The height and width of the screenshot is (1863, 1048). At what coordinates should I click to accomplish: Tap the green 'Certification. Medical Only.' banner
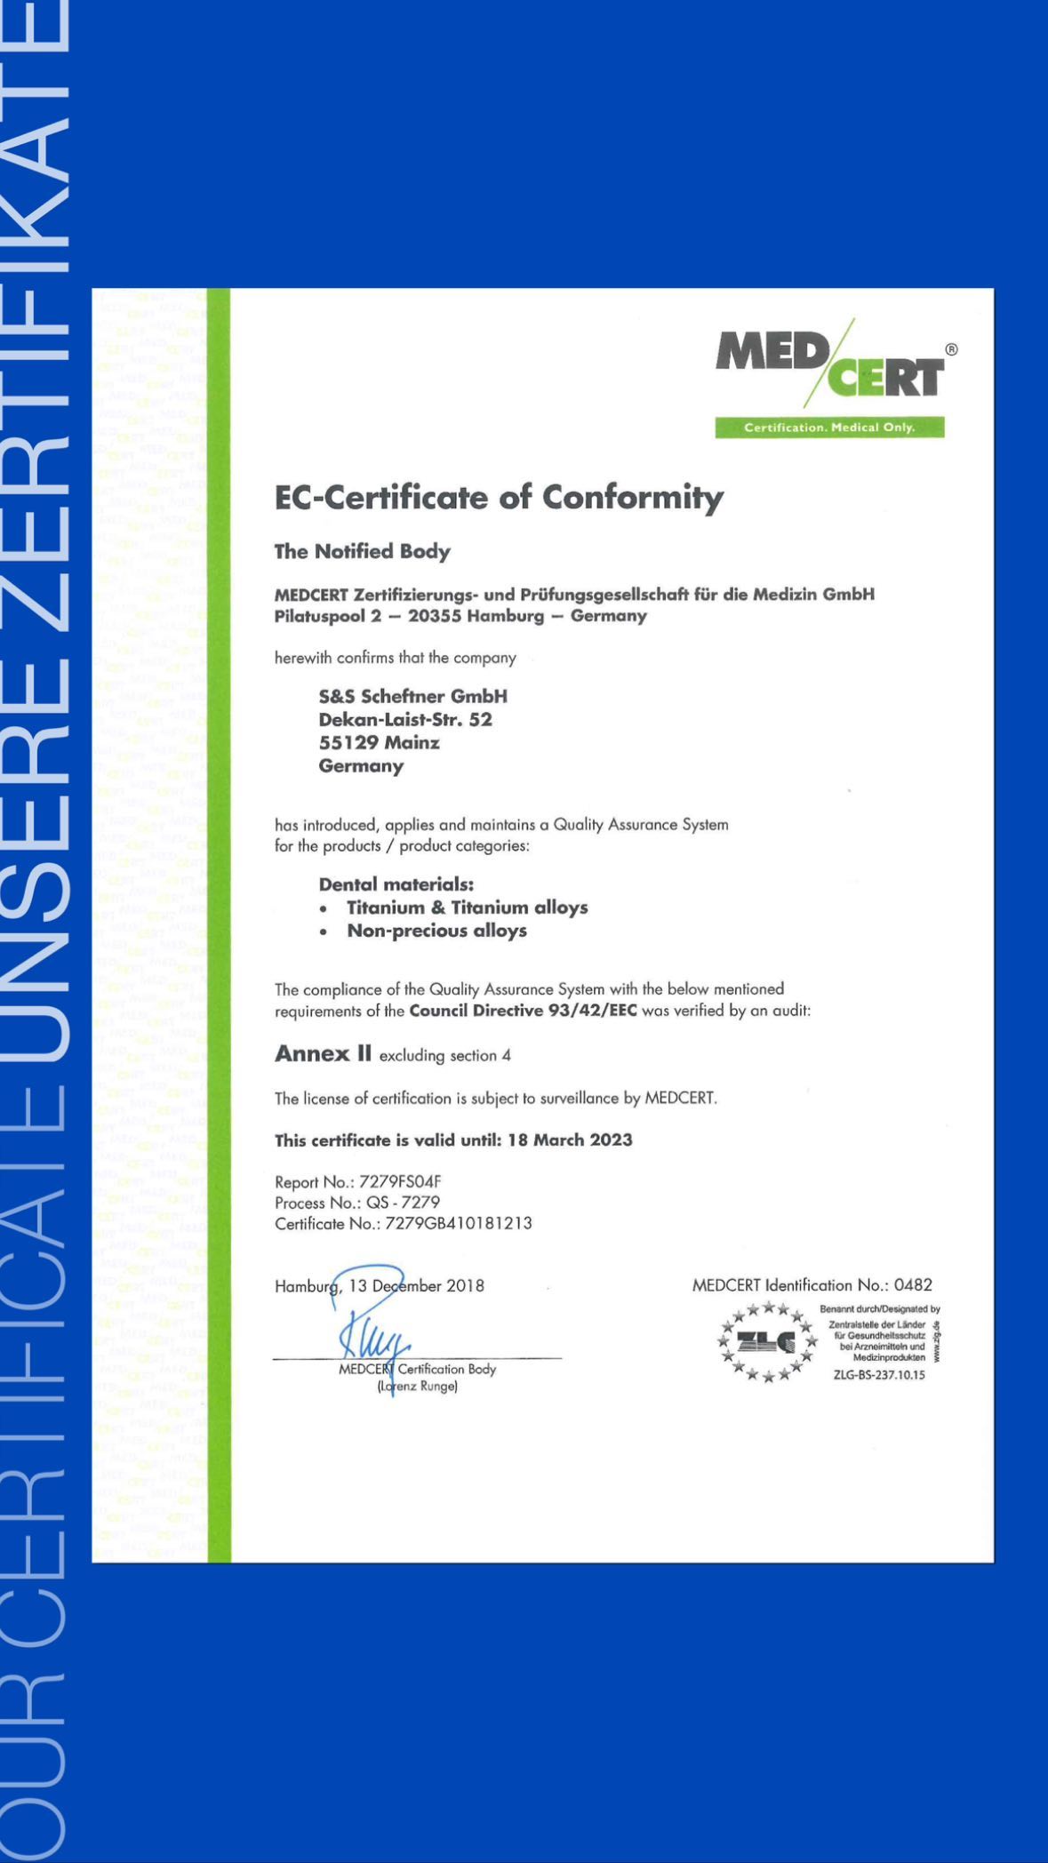[x=829, y=428]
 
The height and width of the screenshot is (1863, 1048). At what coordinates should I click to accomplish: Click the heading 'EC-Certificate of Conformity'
[x=499, y=498]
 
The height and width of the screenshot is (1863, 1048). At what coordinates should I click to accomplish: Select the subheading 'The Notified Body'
[x=362, y=552]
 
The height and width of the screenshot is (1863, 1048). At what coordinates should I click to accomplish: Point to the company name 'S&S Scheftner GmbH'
[x=413, y=696]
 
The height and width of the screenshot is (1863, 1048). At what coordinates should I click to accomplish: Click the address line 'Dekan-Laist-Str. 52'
[x=405, y=719]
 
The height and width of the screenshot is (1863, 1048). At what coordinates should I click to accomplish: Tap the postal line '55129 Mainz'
[x=379, y=742]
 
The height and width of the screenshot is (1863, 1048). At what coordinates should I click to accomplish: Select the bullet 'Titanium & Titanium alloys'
[x=468, y=908]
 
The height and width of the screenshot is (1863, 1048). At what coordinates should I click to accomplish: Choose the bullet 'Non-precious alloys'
[x=436, y=931]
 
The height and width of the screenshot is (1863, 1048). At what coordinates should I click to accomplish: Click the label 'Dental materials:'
[x=396, y=884]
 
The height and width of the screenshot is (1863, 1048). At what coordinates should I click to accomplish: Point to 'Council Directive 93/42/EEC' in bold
[x=523, y=1011]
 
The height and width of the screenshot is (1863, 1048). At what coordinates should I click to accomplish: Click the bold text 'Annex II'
[x=323, y=1054]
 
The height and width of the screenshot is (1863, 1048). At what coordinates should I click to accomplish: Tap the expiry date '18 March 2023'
[x=570, y=1140]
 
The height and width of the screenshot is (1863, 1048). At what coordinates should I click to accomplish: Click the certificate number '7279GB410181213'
[x=459, y=1224]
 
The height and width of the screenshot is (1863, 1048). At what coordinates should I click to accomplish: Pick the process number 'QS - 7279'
[x=403, y=1203]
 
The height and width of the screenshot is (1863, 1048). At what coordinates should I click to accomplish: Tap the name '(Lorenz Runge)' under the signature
[x=418, y=1387]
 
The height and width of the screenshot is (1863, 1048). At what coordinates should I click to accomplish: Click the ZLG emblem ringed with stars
[x=767, y=1343]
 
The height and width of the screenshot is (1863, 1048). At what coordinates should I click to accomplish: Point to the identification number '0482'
[x=913, y=1285]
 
